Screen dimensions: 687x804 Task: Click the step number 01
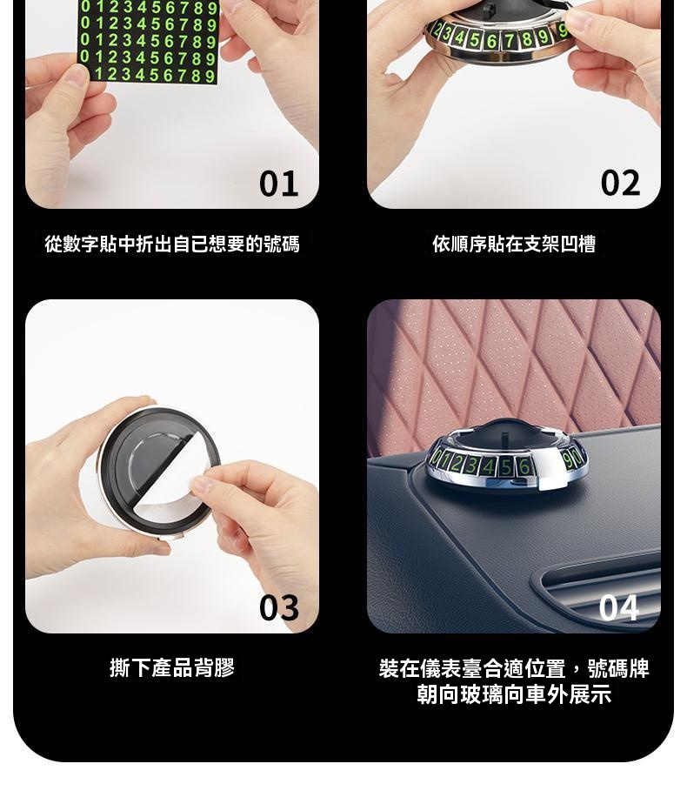[x=278, y=184]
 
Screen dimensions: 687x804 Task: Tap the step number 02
[x=620, y=183]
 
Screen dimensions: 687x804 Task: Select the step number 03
[x=278, y=607]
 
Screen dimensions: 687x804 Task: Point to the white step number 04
[x=619, y=608]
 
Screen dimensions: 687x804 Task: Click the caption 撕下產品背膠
[x=172, y=667]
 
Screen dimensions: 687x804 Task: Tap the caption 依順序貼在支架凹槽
[x=514, y=244]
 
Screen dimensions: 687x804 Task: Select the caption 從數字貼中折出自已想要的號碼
[x=172, y=244]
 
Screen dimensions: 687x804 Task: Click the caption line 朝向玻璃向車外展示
[x=514, y=694]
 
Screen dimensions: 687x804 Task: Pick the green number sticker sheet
[x=149, y=41]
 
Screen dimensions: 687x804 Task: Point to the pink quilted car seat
[x=514, y=369]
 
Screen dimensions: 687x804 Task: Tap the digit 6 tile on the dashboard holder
[x=524, y=466]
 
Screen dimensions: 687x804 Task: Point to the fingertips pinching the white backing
[x=203, y=485]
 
